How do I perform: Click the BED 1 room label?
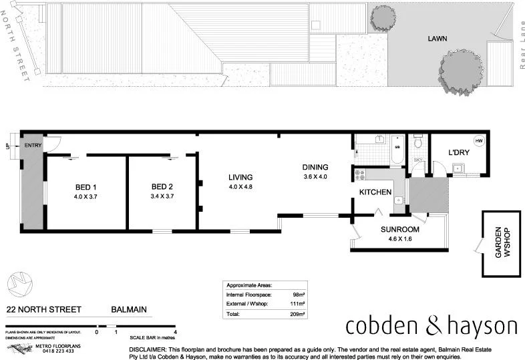(85, 186)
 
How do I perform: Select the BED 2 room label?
(162, 186)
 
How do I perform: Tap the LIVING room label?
(240, 178)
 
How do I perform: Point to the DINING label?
(315, 167)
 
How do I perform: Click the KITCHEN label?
(375, 192)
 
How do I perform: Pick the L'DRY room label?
(459, 153)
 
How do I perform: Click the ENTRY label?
(33, 145)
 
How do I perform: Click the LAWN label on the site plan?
(437, 39)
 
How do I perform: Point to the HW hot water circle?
(479, 141)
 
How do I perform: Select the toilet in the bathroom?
(418, 142)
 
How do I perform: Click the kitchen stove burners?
(359, 174)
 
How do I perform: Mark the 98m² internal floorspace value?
(299, 294)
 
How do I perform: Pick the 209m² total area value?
(298, 313)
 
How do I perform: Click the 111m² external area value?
(298, 303)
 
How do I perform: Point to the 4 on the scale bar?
(175, 331)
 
